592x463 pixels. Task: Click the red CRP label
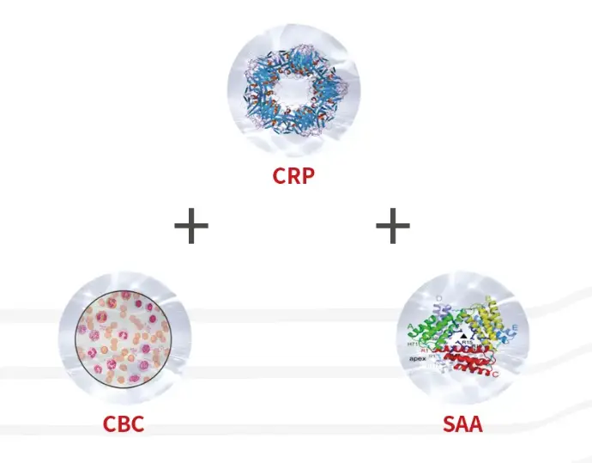[294, 176]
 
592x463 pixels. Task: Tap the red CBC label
[124, 423]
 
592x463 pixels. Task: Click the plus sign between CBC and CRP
[191, 227]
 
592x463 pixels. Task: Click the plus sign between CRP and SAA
[393, 227]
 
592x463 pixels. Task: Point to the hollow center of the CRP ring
[294, 94]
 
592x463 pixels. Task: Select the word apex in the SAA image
[417, 358]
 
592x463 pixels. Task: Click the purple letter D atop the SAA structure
[440, 297]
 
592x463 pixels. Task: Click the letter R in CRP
[294, 176]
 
